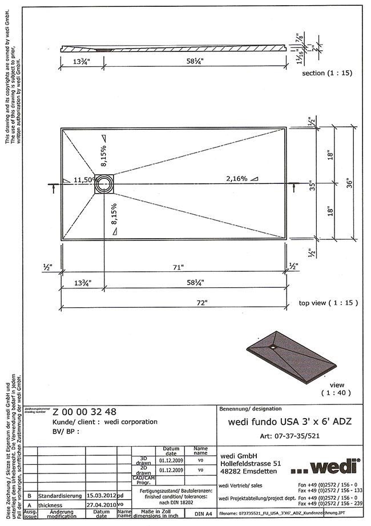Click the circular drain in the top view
point(105,183)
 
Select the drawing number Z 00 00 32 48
point(85,412)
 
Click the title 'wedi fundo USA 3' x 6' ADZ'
point(287,422)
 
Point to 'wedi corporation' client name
point(132,421)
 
